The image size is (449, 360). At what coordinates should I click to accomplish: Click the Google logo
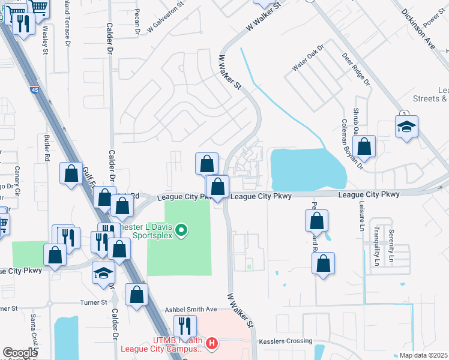[20, 353]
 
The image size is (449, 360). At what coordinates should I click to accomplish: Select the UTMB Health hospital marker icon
[211, 344]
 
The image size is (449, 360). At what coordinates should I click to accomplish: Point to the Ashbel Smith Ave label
[191, 309]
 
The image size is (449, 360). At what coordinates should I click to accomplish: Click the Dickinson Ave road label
[418, 29]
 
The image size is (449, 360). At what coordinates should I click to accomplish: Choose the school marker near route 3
[406, 127]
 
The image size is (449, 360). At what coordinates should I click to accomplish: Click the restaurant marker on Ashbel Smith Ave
[185, 326]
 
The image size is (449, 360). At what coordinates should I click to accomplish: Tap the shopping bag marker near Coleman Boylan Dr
[364, 146]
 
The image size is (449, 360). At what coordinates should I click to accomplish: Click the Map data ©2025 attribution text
[423, 355]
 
